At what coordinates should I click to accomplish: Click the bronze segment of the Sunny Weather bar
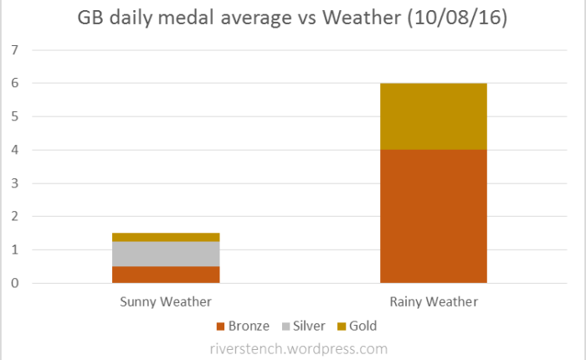(x=166, y=275)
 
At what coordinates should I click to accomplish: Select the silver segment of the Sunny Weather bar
(x=166, y=254)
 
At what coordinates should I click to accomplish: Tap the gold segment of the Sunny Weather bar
(x=166, y=237)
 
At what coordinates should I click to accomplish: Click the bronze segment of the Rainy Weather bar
(x=433, y=216)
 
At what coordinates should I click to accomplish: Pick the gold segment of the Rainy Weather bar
(x=433, y=116)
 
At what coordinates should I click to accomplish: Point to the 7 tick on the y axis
(x=13, y=50)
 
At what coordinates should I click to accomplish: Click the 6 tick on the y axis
(x=13, y=84)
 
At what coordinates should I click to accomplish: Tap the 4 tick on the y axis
(x=13, y=150)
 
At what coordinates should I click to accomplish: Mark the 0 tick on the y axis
(x=13, y=283)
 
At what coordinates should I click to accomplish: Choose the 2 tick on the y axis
(x=13, y=217)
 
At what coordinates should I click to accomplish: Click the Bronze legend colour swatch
(x=220, y=326)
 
